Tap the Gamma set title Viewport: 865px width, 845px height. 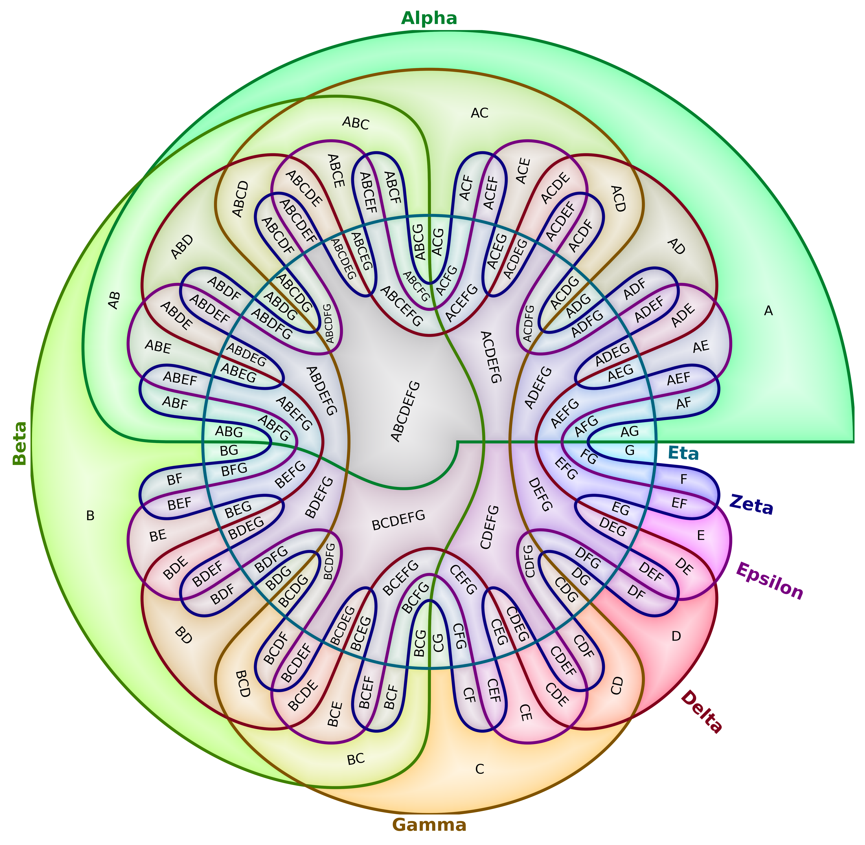tap(429, 825)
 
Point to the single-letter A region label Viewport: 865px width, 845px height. tap(768, 312)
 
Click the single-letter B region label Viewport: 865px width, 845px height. tap(90, 516)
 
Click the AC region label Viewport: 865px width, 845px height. tap(480, 113)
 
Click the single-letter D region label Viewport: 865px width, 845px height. tap(676, 636)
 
